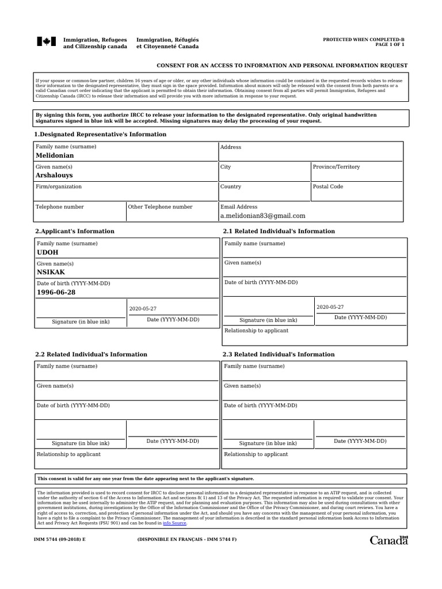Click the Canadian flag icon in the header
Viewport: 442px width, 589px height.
(x=47, y=42)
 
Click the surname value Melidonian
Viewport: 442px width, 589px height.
(x=55, y=156)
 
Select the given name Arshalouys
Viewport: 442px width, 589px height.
(x=54, y=175)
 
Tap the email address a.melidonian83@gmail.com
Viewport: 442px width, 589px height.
(x=262, y=216)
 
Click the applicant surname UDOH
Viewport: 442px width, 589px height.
(x=47, y=253)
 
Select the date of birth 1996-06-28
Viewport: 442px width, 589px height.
(x=56, y=292)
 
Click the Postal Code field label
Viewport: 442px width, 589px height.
(x=327, y=186)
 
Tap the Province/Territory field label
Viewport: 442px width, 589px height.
(x=336, y=167)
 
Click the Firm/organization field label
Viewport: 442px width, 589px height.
(x=59, y=186)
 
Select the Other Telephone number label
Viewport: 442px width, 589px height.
(x=160, y=206)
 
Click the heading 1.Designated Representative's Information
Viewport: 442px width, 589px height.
(x=101, y=134)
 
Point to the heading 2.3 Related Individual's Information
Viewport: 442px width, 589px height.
(x=279, y=354)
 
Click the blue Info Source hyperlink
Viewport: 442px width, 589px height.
(x=175, y=523)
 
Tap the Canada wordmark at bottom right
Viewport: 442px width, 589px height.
(x=388, y=540)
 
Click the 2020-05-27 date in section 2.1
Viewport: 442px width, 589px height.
(x=330, y=307)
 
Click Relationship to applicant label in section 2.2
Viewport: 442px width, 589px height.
(x=68, y=454)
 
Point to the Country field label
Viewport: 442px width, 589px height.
(x=231, y=186)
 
